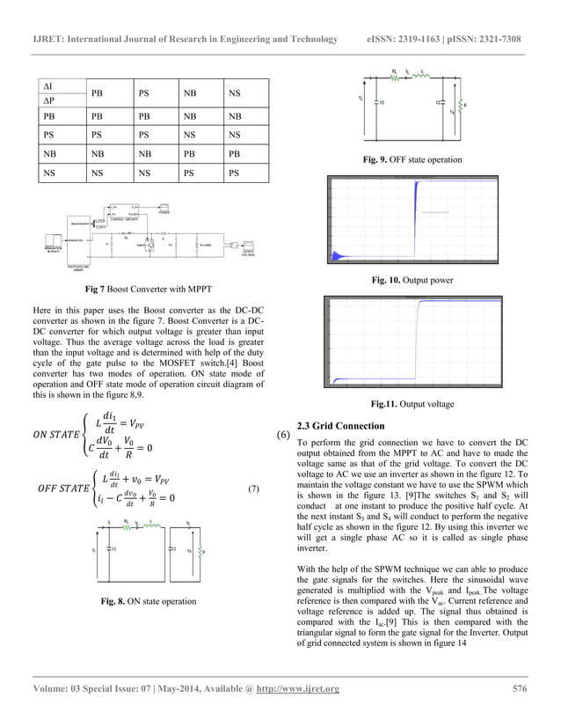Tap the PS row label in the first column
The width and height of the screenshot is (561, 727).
click(48, 136)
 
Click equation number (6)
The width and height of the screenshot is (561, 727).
click(283, 436)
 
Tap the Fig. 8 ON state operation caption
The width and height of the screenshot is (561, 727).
click(148, 601)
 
